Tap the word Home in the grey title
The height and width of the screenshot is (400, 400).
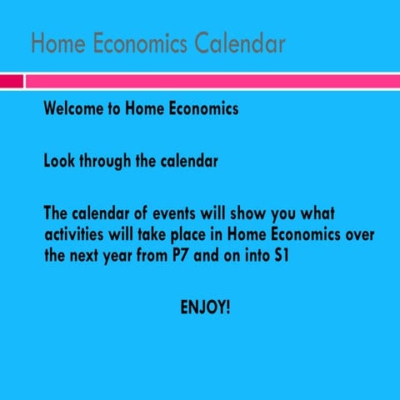coord(56,43)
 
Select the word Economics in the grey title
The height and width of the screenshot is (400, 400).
coord(138,43)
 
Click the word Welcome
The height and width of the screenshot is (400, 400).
coord(75,109)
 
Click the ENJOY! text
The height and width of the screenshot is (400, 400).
coord(205,307)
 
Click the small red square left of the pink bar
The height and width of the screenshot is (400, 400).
coord(11,81)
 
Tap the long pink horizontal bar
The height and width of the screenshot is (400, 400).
coord(212,81)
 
